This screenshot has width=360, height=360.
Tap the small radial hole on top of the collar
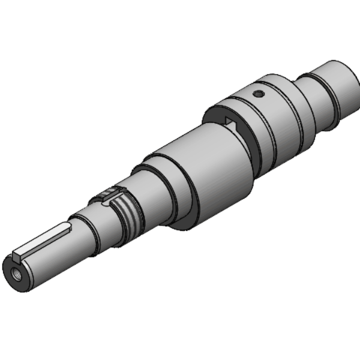(257, 94)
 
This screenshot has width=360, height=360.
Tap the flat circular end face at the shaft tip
(19, 276)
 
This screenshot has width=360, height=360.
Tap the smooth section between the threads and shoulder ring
(147, 195)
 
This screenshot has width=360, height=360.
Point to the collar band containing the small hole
(270, 114)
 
